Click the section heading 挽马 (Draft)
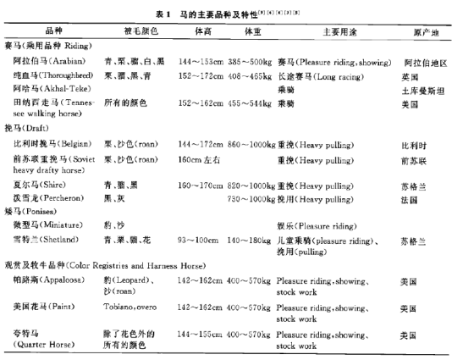(41, 127)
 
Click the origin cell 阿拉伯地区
(424, 63)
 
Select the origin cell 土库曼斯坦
(424, 87)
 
